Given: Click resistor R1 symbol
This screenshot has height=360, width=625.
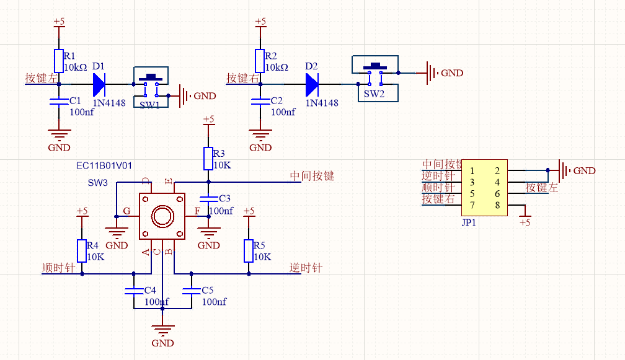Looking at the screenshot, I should (59, 61).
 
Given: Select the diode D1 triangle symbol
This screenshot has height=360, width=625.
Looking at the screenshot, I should (100, 82).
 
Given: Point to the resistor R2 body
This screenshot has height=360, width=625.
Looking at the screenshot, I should (260, 61).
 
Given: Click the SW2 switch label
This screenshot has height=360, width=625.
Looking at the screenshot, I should (374, 94).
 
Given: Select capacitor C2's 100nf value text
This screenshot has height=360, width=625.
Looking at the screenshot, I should (283, 112).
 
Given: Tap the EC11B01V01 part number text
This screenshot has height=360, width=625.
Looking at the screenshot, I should (104, 165).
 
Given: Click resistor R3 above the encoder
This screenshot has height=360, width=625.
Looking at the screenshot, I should (208, 159).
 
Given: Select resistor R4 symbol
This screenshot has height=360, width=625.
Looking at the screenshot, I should (81, 251).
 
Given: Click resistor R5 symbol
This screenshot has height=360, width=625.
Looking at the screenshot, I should (249, 251).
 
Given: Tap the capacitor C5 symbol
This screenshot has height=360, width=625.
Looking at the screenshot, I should (191, 291).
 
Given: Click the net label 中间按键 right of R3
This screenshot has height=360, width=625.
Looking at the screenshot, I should (312, 176).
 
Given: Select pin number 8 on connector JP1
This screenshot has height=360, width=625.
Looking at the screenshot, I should (497, 205).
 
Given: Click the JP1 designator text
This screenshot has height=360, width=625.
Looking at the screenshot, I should (469, 222).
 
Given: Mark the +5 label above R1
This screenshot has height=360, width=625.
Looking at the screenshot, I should (59, 22).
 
